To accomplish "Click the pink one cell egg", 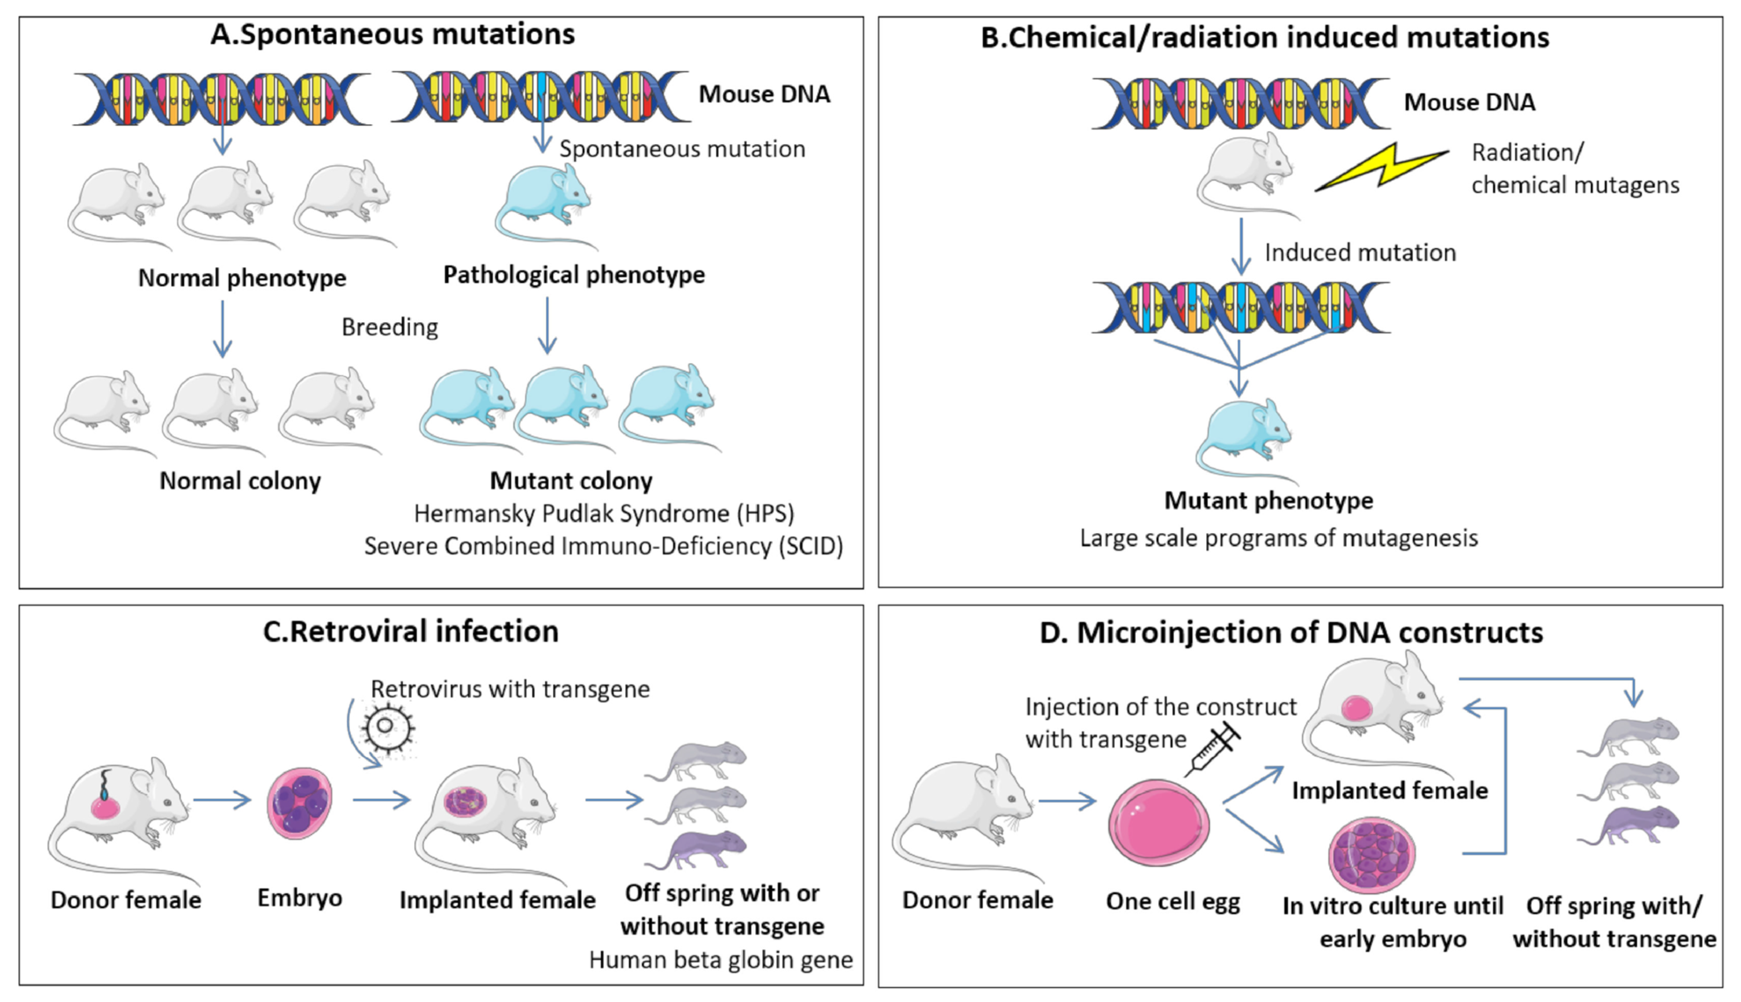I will [x=1158, y=822].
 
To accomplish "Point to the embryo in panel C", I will [x=300, y=804].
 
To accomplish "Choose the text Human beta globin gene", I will [x=721, y=959].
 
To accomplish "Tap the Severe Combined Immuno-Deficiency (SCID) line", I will [x=603, y=546].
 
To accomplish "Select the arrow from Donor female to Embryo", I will [x=222, y=800].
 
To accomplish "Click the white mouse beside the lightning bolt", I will [x=1245, y=176].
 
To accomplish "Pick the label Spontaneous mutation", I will [x=681, y=149].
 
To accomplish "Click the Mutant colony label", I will [x=571, y=480].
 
